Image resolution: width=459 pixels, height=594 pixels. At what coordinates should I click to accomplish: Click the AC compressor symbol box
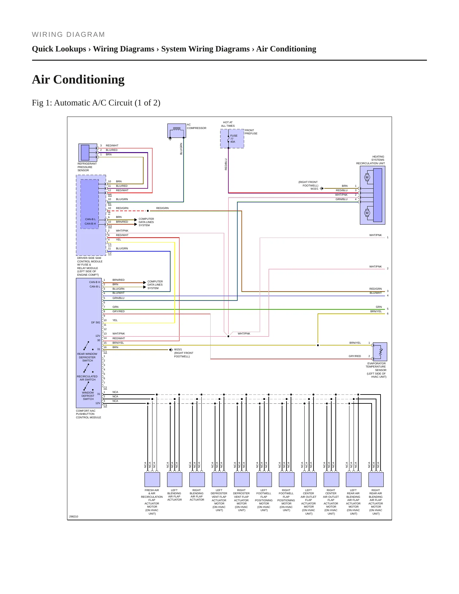click(x=177, y=131)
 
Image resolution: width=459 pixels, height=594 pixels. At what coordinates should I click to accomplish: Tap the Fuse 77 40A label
click(x=233, y=138)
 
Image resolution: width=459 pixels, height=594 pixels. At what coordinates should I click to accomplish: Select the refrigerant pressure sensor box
click(x=88, y=152)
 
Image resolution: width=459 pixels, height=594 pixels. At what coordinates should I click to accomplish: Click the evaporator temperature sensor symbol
click(x=380, y=352)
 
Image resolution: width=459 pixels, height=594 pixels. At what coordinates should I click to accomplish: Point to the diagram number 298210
click(x=74, y=516)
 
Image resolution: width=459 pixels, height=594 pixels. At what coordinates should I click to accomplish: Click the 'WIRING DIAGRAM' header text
click(x=68, y=35)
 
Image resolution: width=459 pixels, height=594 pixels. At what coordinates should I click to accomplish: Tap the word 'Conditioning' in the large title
click(x=89, y=79)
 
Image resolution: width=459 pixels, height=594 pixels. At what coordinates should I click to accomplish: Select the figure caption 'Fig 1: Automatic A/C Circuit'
click(x=82, y=103)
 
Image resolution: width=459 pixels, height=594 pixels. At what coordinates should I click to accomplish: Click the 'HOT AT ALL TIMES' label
click(x=228, y=124)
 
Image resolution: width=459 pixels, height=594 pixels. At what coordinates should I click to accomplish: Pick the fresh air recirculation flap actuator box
click(x=152, y=479)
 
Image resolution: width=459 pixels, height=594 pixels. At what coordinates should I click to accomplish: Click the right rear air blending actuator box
click(x=376, y=479)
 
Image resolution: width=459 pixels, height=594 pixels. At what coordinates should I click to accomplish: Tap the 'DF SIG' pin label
click(x=96, y=322)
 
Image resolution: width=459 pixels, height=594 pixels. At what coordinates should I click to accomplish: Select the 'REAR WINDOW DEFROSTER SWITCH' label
click(x=87, y=357)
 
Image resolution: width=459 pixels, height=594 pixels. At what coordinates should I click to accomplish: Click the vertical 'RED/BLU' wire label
click(x=226, y=165)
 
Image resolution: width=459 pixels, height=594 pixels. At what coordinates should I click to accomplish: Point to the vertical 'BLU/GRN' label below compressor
click(x=181, y=149)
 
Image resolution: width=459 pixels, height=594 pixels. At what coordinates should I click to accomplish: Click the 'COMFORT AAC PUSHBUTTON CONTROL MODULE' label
click(x=89, y=414)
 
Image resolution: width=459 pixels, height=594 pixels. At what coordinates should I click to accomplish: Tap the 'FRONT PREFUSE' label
click(x=251, y=132)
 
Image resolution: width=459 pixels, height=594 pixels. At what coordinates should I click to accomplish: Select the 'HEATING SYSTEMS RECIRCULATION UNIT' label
click(x=370, y=160)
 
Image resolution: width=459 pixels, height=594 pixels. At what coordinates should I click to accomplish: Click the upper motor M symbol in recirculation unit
click(x=367, y=178)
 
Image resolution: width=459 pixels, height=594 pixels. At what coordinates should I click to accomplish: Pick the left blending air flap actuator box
click(x=174, y=479)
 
